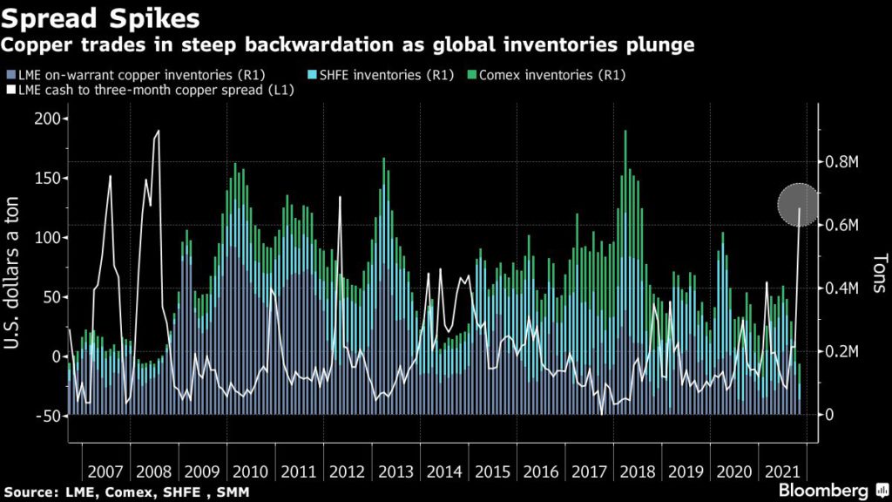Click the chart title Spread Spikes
[101, 17]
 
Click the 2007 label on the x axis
[105, 471]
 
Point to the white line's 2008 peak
[159, 132]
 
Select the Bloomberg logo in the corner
[824, 490]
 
